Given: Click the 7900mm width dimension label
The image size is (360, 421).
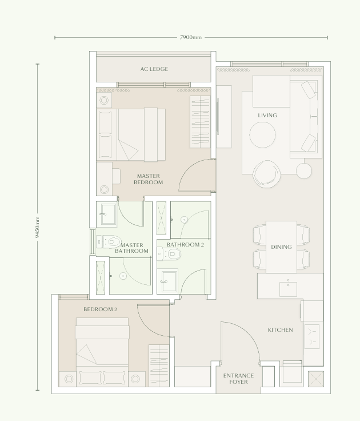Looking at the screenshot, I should (x=191, y=38).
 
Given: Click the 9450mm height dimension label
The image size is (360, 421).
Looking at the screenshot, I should (x=38, y=227).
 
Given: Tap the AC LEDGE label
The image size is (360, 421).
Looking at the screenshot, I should (x=154, y=69).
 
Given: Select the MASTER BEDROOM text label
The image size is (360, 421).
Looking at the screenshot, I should (x=148, y=179).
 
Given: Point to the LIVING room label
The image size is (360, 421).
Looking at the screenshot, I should (x=267, y=116).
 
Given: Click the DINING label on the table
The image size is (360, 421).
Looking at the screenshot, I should (x=281, y=247).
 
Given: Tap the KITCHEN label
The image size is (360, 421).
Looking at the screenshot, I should (x=280, y=330).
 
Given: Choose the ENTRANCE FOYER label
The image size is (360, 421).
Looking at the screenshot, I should (x=239, y=379).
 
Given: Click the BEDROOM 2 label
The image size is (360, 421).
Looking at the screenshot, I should (x=100, y=309).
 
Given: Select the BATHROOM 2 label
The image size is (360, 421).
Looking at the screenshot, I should (x=185, y=245).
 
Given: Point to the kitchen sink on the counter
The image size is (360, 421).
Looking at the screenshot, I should (x=288, y=289).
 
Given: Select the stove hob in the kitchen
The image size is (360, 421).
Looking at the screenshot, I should (x=313, y=336).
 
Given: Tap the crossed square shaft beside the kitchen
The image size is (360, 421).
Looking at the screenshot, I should (x=315, y=379).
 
